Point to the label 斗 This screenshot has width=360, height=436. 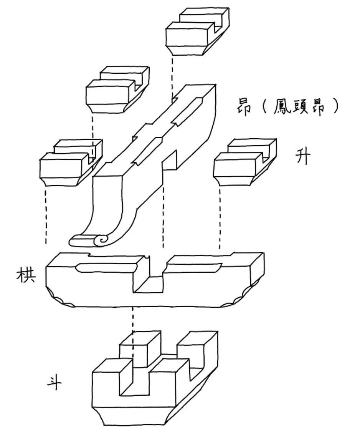pyautogui.click(x=54, y=382)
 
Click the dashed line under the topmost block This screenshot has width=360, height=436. pyautogui.click(x=172, y=75)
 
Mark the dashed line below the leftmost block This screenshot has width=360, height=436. pyautogui.click(x=46, y=215)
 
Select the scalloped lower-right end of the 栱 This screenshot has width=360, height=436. pyautogui.click(x=242, y=298)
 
